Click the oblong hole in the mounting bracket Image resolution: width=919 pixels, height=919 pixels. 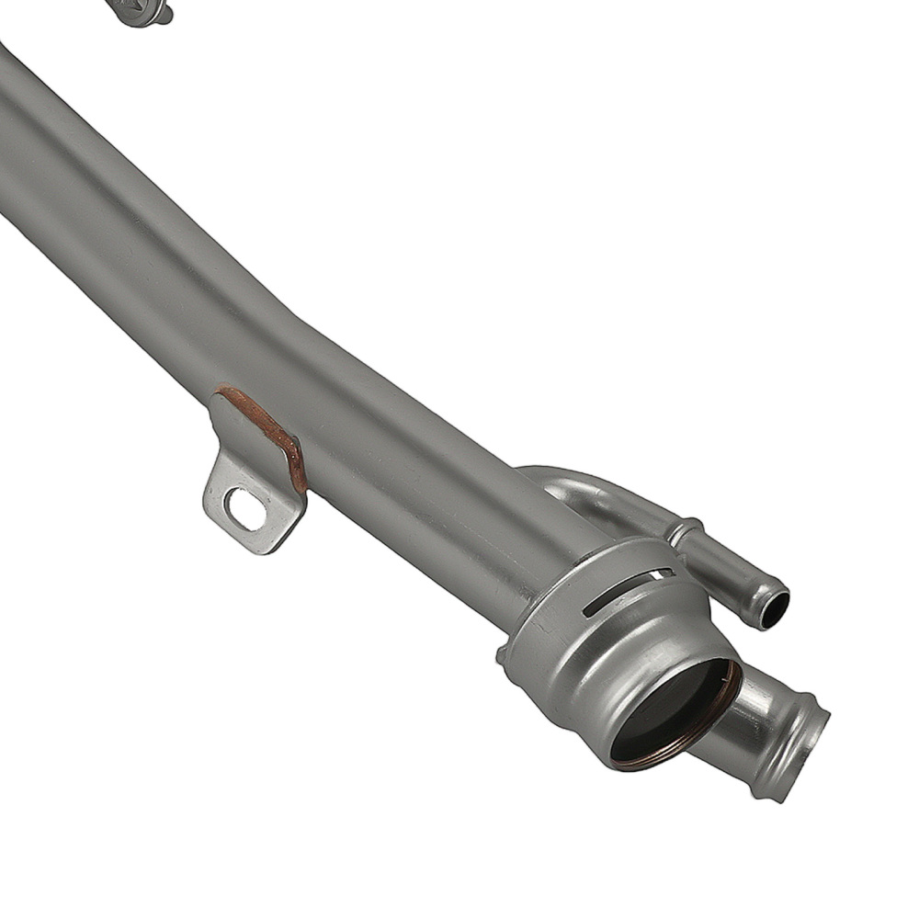245,508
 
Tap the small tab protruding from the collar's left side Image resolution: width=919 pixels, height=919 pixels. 502,654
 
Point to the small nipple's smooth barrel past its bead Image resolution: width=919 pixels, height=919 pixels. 731,570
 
